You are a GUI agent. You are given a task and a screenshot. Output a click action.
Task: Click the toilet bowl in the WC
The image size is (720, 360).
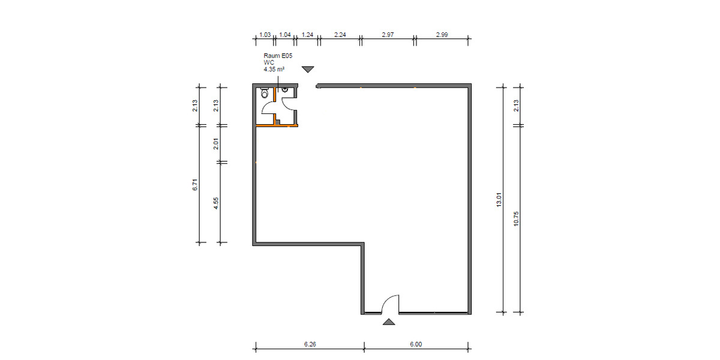tap(264, 94)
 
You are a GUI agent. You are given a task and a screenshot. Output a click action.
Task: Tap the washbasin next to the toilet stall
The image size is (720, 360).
tap(285, 91)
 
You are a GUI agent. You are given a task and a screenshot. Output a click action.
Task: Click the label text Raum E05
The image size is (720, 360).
tap(278, 55)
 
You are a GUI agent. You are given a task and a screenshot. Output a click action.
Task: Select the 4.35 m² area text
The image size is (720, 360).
tap(274, 70)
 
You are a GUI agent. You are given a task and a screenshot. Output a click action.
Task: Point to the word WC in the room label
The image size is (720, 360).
tap(268, 62)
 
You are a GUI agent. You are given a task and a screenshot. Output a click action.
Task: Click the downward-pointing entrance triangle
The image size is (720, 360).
tap(308, 70)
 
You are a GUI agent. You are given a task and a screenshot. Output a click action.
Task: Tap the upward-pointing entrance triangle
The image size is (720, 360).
tap(389, 322)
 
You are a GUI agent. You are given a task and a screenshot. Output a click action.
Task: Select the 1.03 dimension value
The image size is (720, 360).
tap(265, 35)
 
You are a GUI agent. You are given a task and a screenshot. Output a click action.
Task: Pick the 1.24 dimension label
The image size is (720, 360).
tap(307, 35)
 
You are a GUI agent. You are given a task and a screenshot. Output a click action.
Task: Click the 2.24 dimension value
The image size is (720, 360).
tap(340, 35)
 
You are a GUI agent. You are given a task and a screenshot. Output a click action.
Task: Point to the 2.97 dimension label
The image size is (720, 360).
tap(388, 35)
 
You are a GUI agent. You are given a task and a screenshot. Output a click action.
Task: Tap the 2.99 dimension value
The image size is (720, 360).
tap(442, 35)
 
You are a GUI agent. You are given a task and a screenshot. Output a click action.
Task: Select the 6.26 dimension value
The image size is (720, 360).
tap(310, 344)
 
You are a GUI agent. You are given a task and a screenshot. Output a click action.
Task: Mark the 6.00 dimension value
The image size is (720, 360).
tap(416, 344)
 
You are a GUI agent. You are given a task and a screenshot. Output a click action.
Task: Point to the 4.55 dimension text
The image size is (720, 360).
tap(216, 203)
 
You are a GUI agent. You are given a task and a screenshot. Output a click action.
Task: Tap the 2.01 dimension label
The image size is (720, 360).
tap(216, 144)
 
